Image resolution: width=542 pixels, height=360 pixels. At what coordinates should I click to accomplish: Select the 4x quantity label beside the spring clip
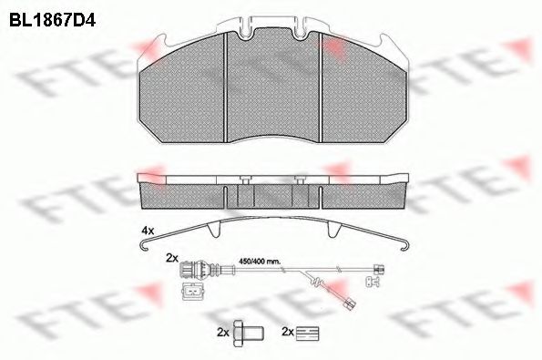pos(148,231)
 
